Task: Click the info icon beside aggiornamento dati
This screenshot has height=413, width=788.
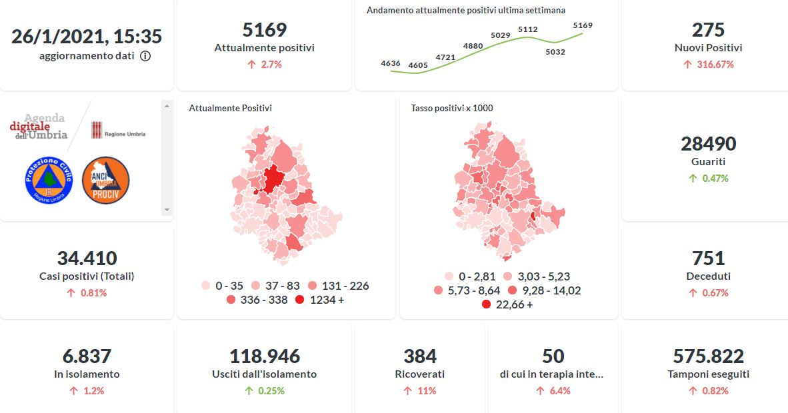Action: [145, 56]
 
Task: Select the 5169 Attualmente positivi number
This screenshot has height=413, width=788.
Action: [264, 30]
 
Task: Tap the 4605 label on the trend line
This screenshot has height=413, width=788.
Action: [418, 65]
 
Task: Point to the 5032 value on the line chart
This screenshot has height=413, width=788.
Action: [555, 51]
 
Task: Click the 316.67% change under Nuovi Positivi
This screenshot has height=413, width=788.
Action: [708, 65]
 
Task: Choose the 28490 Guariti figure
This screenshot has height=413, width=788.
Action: [708, 144]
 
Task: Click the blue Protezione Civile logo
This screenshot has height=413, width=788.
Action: [48, 180]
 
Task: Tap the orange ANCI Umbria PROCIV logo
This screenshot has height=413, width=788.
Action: [105, 180]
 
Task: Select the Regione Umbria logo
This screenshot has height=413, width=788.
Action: [118, 131]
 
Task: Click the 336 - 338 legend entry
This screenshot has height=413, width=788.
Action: [257, 300]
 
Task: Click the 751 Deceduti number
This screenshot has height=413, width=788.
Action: [708, 258]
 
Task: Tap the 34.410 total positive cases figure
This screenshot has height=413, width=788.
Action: [87, 258]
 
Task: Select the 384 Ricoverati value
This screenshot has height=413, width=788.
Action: [420, 356]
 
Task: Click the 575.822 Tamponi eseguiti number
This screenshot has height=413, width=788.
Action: [708, 356]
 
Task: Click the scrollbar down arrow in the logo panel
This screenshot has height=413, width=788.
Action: [167, 209]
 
